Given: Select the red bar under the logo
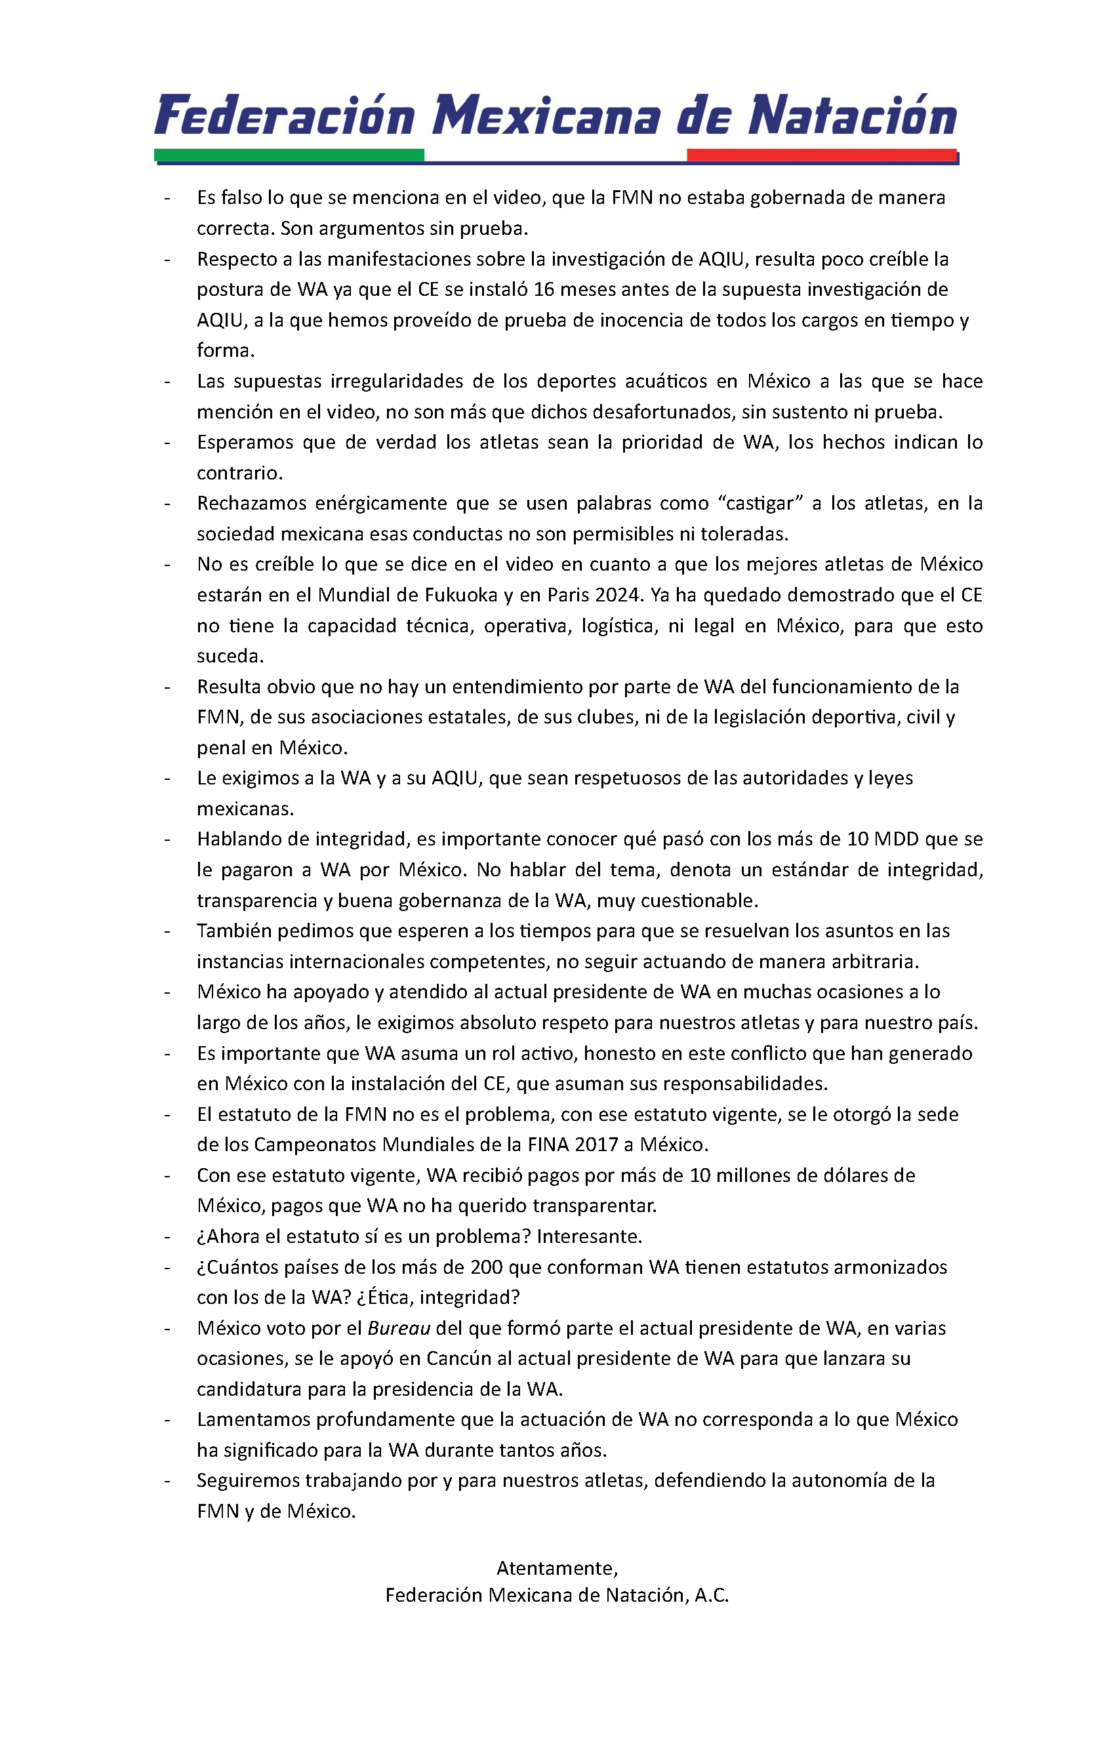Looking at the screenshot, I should (x=821, y=154).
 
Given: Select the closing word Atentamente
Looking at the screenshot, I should (x=556, y=1568).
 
